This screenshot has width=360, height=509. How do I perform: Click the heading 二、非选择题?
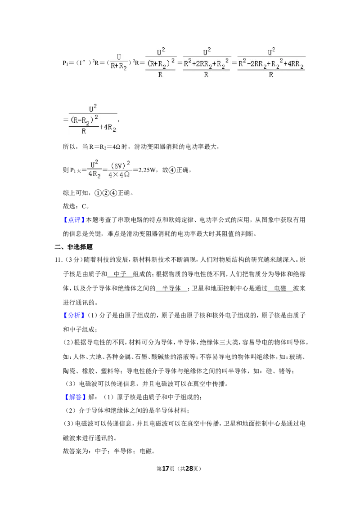click(x=74, y=247)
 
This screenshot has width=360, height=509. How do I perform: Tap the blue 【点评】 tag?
click(x=74, y=220)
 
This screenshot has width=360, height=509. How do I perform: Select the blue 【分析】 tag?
click(x=74, y=315)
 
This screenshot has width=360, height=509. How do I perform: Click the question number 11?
click(x=58, y=260)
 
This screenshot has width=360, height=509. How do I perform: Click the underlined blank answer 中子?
click(x=120, y=274)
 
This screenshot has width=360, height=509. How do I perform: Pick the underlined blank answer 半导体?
click(x=171, y=288)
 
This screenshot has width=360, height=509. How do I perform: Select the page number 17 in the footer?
click(x=166, y=469)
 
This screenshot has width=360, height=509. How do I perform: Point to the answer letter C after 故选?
click(x=84, y=206)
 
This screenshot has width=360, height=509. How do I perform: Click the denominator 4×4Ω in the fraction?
click(x=119, y=174)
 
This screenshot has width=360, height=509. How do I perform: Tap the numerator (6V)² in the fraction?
click(x=120, y=165)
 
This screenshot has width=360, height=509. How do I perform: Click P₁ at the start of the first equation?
click(x=65, y=63)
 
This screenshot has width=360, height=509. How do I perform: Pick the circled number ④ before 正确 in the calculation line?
click(x=172, y=170)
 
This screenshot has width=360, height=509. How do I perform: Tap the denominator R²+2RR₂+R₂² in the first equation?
click(x=206, y=63)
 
